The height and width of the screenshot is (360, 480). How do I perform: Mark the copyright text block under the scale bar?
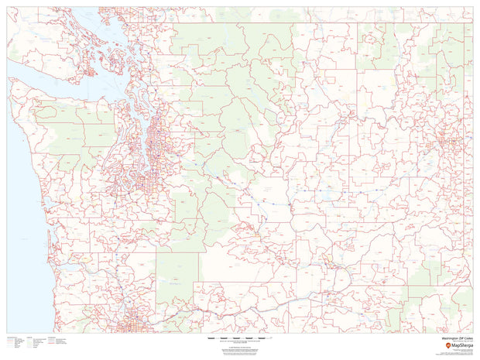[232, 348]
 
